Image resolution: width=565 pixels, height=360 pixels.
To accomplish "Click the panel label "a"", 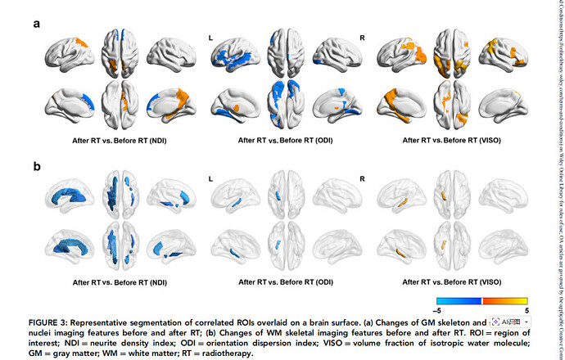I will [37, 24].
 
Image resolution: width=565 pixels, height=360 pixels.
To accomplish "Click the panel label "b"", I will [37, 167].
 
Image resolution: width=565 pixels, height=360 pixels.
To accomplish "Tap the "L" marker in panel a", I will [211, 38].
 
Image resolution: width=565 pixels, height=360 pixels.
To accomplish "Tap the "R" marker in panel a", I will [363, 38].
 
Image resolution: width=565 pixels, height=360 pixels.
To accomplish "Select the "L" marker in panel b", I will [211, 177].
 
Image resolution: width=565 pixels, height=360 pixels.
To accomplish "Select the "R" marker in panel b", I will [363, 177].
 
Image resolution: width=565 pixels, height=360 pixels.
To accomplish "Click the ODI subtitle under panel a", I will [286, 140].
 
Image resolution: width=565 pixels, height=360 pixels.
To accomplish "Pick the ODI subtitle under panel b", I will [286, 282].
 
